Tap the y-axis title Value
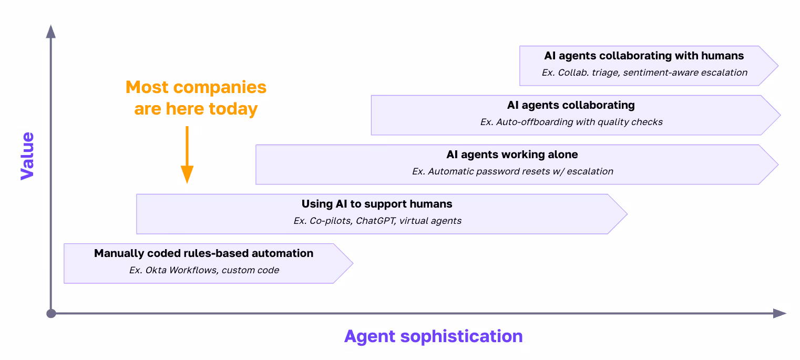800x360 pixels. click(27, 156)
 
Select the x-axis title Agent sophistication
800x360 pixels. click(433, 336)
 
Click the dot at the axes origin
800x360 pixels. click(51, 314)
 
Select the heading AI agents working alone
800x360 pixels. click(512, 155)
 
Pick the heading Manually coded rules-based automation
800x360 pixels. click(203, 253)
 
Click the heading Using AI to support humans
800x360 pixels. click(377, 204)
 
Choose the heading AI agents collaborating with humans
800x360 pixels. click(644, 56)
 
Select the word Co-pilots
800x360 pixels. click(330, 221)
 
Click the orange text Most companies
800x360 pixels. click(196, 87)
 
